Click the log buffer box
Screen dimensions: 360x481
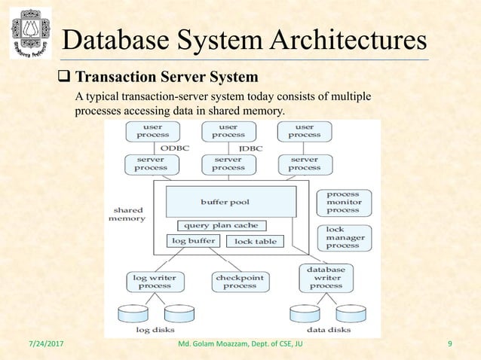click(x=193, y=241)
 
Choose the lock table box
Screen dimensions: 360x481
click(x=255, y=241)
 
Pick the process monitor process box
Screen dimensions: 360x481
click(x=343, y=202)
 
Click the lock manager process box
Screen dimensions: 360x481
click(x=343, y=237)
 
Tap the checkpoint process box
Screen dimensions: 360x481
click(x=240, y=282)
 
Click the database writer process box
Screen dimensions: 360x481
click(x=326, y=277)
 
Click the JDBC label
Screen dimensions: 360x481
click(x=250, y=149)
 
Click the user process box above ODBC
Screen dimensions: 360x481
click(x=152, y=131)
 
